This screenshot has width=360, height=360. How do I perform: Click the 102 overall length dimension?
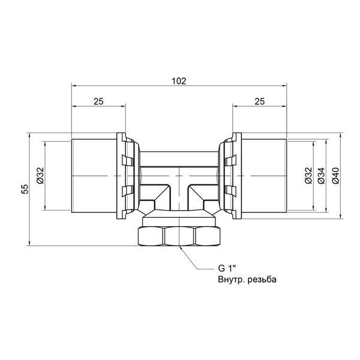click(179, 81)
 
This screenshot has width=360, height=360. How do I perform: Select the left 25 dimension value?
click(98, 101)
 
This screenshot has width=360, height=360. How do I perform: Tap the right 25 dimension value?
click(260, 101)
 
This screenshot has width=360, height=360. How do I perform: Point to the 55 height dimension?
click(25, 189)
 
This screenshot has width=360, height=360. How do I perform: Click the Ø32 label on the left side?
click(40, 175)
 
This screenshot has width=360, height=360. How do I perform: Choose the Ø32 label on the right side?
click(309, 175)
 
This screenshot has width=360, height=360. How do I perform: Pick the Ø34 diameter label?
click(322, 175)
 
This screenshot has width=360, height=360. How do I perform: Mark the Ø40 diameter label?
click(335, 175)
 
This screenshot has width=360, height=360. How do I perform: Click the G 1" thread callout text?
click(227, 268)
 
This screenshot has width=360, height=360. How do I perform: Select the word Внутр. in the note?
click(230, 280)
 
